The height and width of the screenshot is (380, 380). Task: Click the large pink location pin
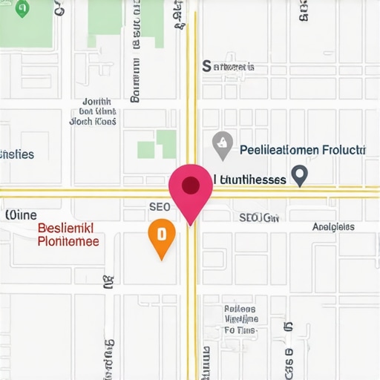click(x=191, y=190)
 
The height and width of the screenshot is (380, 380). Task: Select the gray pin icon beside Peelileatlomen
click(x=222, y=145)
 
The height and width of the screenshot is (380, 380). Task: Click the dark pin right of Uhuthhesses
click(x=298, y=175)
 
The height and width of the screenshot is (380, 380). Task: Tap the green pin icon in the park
click(x=22, y=8)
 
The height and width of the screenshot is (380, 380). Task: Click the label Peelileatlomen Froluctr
click(x=303, y=149)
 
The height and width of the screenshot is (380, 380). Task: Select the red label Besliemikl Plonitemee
click(x=68, y=235)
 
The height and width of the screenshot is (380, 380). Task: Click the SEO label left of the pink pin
click(x=160, y=206)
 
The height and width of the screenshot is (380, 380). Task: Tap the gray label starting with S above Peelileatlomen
click(x=229, y=67)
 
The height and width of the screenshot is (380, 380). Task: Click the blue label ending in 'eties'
click(x=17, y=154)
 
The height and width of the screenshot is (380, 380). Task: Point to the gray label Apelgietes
click(x=333, y=227)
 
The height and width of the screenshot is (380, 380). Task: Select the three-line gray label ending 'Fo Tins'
click(x=240, y=319)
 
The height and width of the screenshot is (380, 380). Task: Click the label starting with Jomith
click(x=94, y=111)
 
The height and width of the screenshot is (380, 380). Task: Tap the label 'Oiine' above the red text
click(x=22, y=214)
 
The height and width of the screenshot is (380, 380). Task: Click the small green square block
click(x=146, y=149)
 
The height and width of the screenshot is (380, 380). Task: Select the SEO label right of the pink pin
click(x=258, y=217)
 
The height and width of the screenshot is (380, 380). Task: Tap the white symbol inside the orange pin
click(x=161, y=234)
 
